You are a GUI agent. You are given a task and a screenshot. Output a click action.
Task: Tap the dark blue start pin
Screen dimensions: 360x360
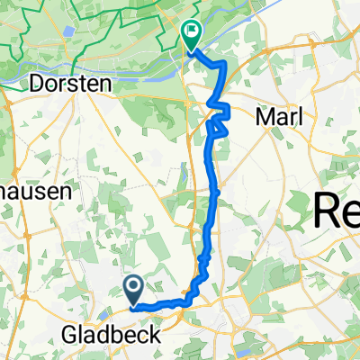(x=134, y=290)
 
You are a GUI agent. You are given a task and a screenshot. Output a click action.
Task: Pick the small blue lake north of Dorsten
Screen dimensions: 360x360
(x=68, y=31)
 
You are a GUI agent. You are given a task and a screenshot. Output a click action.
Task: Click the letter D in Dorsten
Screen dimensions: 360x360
(x=37, y=83)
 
